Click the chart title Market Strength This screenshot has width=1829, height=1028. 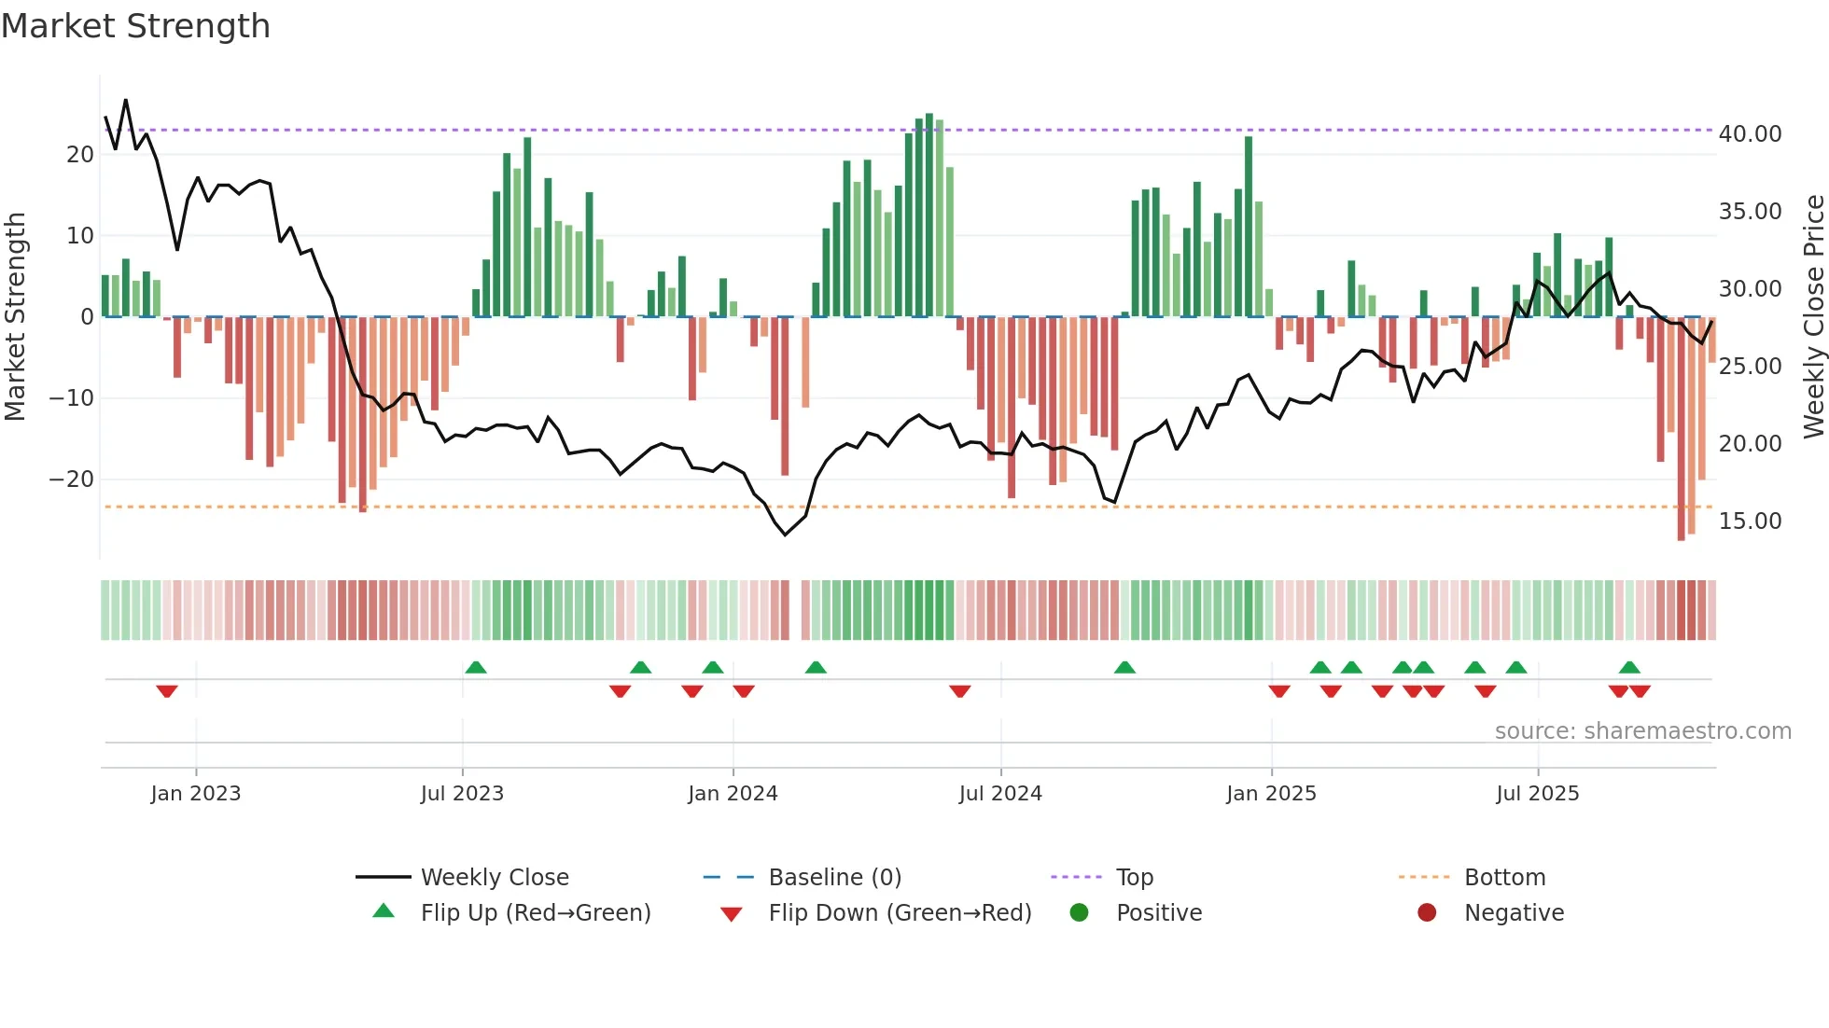click(x=135, y=26)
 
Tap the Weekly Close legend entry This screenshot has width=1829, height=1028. click(x=494, y=877)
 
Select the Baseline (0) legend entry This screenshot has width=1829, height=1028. click(x=834, y=877)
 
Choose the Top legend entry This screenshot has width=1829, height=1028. click(x=1134, y=877)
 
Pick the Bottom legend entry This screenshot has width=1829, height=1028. click(x=1504, y=877)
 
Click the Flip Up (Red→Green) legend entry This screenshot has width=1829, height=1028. click(x=535, y=912)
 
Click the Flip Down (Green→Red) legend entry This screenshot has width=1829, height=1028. click(x=900, y=912)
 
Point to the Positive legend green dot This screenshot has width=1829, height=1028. click(x=1080, y=912)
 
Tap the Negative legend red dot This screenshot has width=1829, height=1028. click(x=1427, y=912)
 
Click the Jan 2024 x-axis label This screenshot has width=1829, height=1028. click(x=733, y=794)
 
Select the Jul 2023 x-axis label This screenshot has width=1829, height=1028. click(x=462, y=794)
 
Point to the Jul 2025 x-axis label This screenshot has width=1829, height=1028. click(x=1537, y=794)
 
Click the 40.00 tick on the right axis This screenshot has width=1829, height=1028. click(x=1750, y=134)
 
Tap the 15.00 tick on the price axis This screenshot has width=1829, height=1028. click(x=1750, y=521)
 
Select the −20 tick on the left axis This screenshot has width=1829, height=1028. click(x=71, y=479)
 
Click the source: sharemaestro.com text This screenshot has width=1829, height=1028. click(x=1642, y=731)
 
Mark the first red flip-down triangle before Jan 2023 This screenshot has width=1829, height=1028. click(x=167, y=691)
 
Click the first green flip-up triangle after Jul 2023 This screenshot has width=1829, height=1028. click(x=476, y=667)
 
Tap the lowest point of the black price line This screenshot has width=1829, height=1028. click(x=785, y=535)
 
